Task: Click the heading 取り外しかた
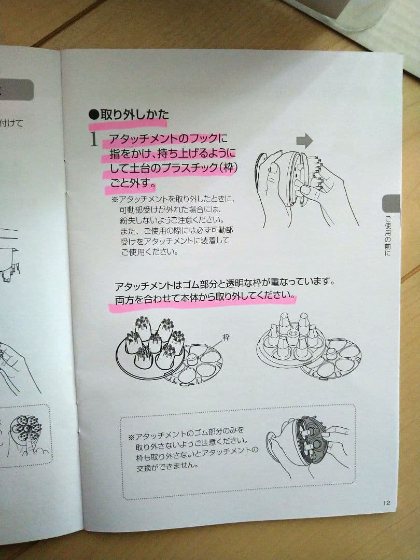tap(135, 115)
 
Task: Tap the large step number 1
tap(93, 139)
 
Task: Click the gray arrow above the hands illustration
tap(304, 141)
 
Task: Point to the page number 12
tap(387, 503)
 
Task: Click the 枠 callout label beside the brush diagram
tap(226, 337)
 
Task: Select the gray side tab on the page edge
tap(391, 204)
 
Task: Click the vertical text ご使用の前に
tap(388, 236)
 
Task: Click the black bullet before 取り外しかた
tap(94, 115)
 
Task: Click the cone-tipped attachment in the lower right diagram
tap(291, 340)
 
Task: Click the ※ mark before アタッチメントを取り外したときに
tap(114, 199)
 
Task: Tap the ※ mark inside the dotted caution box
tap(131, 437)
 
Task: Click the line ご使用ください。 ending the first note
tap(149, 252)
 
